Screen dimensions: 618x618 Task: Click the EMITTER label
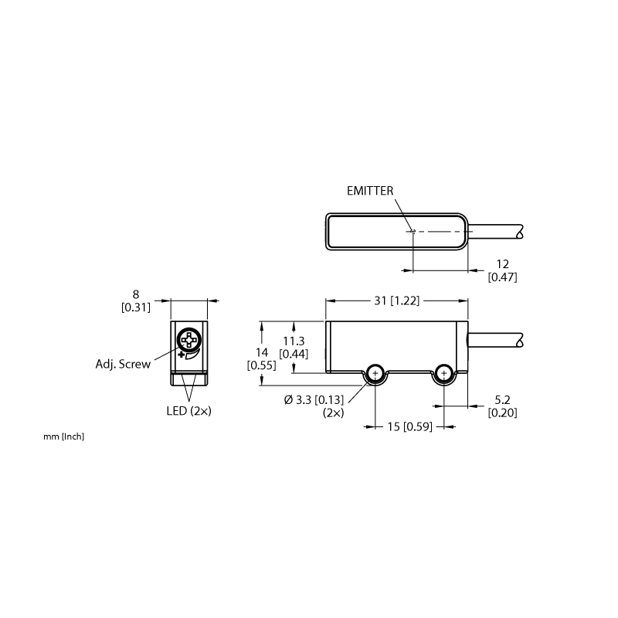point(370,191)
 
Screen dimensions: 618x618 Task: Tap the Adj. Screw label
point(123,364)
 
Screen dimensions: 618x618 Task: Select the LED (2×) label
point(188,411)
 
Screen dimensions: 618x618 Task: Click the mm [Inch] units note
point(64,436)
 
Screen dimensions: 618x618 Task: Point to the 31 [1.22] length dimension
point(396,301)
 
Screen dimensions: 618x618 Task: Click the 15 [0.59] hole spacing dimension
point(410,426)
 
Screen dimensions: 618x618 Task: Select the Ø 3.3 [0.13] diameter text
point(314,400)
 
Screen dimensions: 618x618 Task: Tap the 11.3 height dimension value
point(294,341)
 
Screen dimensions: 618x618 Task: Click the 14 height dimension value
point(262,352)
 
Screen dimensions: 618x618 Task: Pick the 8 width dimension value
point(136,294)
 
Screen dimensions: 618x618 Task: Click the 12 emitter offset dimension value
point(503,264)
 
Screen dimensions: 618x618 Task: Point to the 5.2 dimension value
point(503,400)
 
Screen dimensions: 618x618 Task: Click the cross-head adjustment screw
point(189,340)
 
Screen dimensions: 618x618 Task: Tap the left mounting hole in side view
point(375,373)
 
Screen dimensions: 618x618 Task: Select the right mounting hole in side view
point(444,373)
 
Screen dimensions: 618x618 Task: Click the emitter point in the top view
point(413,231)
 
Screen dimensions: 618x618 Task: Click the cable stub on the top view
point(495,232)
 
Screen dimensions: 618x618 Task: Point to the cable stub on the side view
point(495,340)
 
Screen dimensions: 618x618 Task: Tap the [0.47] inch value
point(503,277)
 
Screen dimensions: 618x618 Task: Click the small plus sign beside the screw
point(181,355)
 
